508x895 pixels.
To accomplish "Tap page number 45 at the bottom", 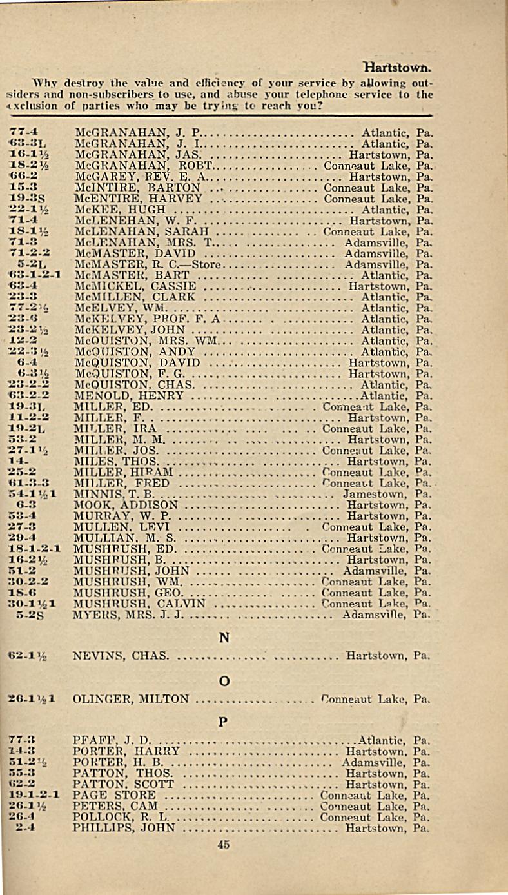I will pyautogui.click(x=224, y=847).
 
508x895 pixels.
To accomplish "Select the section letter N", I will pyautogui.click(x=224, y=638).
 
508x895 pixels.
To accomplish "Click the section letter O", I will pyautogui.click(x=224, y=680).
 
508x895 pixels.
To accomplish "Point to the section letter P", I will pyautogui.click(x=224, y=722).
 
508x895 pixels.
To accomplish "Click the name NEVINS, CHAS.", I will pyautogui.click(x=121, y=656).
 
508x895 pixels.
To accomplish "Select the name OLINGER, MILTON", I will pyautogui.click(x=132, y=699).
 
